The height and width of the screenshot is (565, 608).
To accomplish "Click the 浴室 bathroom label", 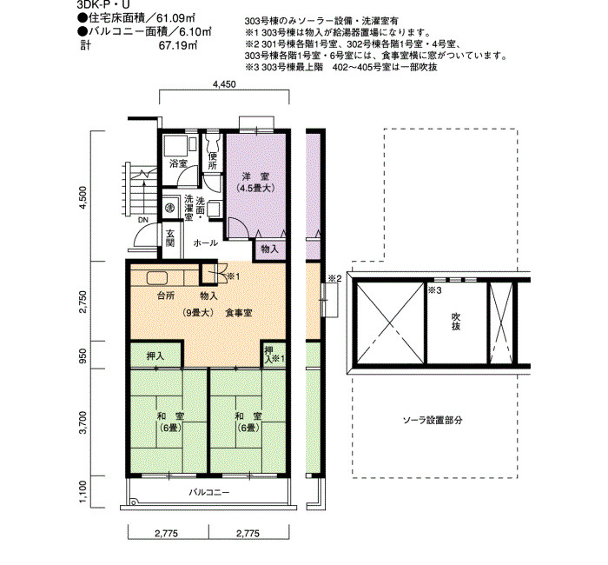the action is (178, 163).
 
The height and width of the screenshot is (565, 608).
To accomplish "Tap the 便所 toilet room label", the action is (213, 161).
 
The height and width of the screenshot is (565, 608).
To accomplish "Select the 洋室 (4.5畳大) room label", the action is (255, 183).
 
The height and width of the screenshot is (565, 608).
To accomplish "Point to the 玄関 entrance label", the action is (170, 238).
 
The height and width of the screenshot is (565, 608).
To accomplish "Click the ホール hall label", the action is (205, 243).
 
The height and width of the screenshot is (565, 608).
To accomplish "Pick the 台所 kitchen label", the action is (166, 296).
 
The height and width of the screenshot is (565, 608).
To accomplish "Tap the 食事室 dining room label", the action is (239, 312).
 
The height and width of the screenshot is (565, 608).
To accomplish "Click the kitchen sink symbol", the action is (157, 278).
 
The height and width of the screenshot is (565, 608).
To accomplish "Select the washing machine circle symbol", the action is (169, 208).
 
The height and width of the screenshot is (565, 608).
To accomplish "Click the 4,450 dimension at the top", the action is (224, 84).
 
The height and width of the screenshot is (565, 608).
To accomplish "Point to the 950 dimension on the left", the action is (83, 355).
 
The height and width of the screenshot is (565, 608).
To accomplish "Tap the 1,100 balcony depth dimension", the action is (83, 492).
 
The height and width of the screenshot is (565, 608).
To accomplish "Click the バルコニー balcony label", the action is (209, 493).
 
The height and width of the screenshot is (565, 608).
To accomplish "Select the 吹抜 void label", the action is (456, 321).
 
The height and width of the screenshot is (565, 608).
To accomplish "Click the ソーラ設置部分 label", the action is (433, 420).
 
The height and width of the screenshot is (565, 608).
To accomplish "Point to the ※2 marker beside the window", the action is (335, 278).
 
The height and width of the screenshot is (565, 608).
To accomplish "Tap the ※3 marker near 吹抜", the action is (435, 290).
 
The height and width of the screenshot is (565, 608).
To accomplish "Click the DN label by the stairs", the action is (143, 220).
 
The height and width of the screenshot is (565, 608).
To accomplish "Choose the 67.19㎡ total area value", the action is (178, 45).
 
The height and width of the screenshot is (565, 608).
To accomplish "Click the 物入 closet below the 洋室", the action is (269, 249).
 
